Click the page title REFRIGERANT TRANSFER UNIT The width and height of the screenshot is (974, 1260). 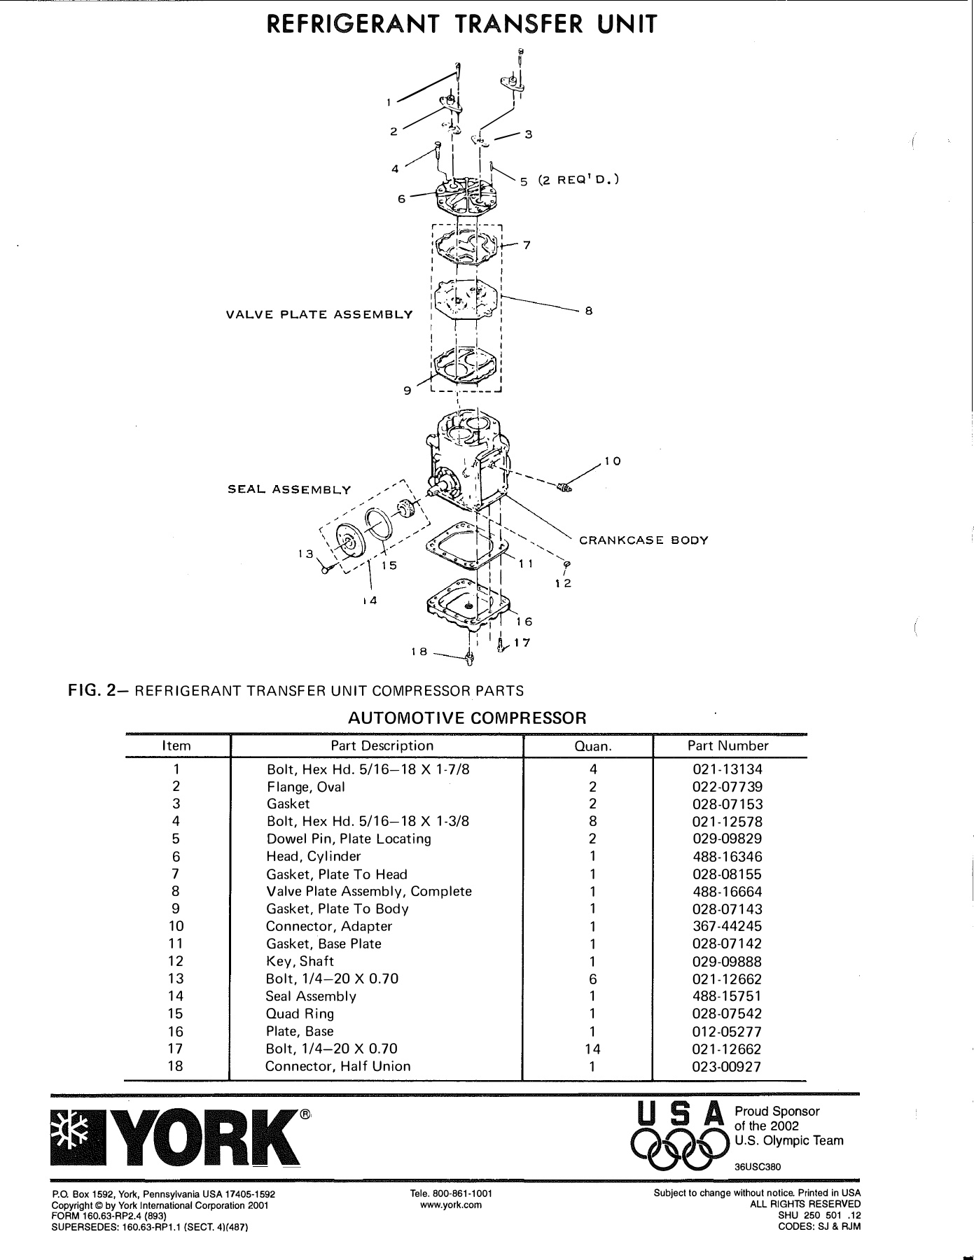point(463,25)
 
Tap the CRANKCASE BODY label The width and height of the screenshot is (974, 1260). point(643,540)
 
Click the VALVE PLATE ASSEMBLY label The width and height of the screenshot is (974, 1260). point(319,314)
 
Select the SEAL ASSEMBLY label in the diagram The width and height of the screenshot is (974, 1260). point(289,489)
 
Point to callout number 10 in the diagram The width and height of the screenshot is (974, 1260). point(613,461)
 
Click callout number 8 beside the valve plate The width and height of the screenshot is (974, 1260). point(589,311)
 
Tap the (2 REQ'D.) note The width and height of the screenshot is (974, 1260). point(578,180)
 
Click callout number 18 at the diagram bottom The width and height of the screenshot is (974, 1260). point(419,652)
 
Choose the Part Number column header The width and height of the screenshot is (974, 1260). point(728,746)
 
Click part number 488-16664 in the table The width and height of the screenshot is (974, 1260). point(727,892)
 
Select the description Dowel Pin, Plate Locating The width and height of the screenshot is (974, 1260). point(349,839)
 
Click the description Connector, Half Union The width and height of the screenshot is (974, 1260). point(338,1067)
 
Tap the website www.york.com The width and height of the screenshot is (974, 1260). point(452,1205)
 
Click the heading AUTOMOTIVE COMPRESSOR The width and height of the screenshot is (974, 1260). point(466,718)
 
